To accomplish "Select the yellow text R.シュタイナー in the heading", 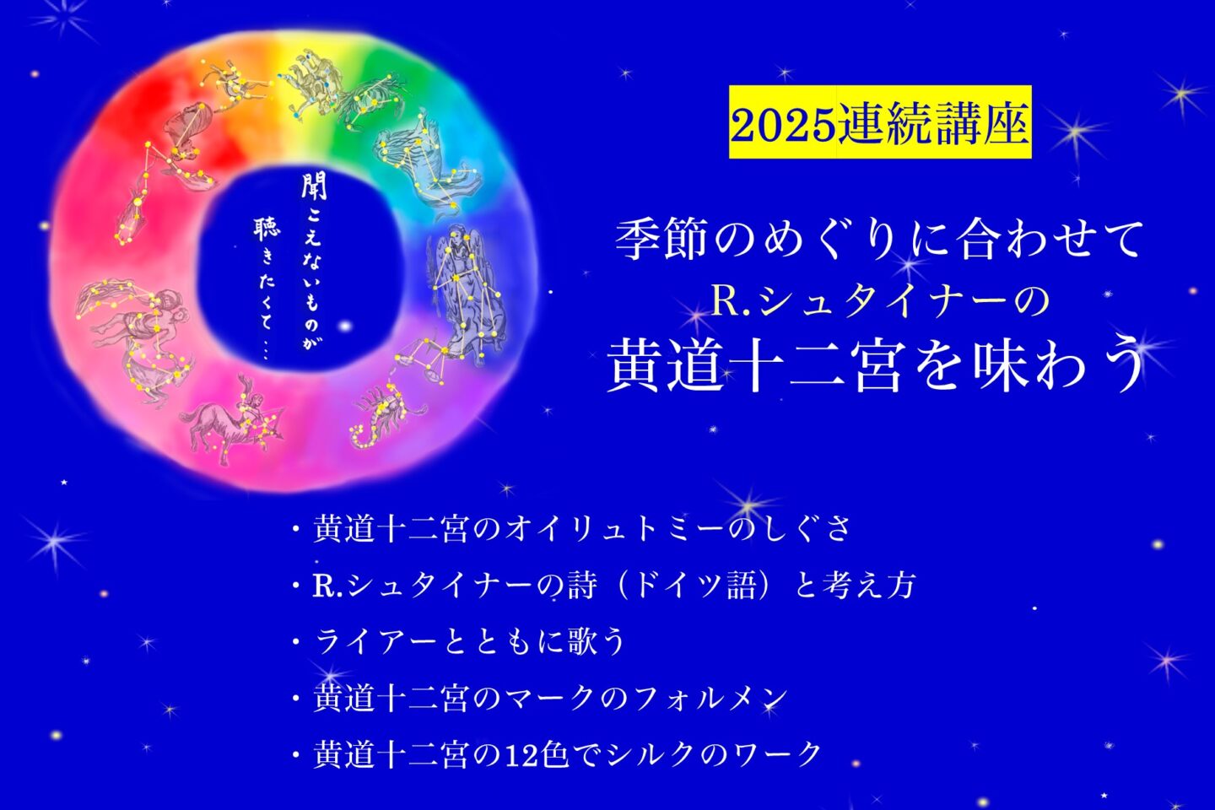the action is pos(858,303).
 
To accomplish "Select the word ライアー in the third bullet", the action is pos(375,643).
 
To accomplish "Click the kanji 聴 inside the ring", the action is pos(266,230).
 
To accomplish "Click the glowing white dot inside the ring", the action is pos(345,326).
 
